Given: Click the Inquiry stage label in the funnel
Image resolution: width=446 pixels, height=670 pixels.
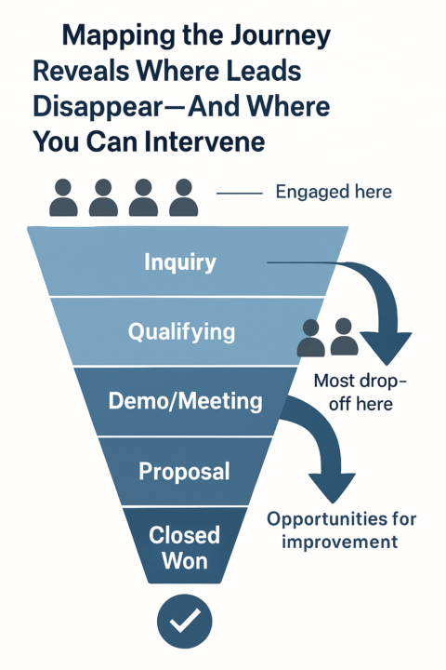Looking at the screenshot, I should pos(180,262).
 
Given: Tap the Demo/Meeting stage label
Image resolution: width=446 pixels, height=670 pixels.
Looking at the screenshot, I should pos(185,402).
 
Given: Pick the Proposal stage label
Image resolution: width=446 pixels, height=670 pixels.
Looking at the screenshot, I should pos(184,472).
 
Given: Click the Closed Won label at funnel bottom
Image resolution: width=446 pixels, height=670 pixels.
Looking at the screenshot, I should pos(185,547).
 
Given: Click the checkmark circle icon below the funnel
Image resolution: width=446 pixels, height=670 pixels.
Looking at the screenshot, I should pos(184,621).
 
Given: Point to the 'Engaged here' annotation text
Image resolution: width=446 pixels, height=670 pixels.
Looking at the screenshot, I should pos(334,193).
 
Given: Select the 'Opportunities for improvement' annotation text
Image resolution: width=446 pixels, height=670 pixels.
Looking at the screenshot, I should pos(341,530).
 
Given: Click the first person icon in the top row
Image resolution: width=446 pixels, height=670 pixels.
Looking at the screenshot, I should pos(63,197).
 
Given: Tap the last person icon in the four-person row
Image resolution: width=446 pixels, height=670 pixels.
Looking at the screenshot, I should pos(183,197).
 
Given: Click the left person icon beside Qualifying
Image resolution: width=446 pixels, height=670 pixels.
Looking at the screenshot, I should pos(311,338).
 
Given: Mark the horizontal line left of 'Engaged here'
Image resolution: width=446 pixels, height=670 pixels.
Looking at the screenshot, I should pos(239,193).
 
